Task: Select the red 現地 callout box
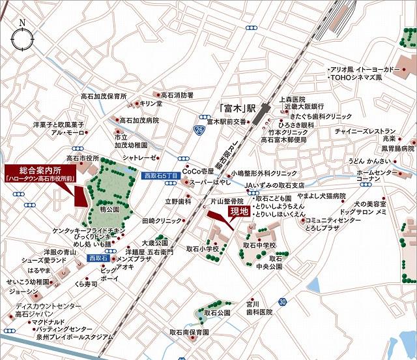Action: click(238, 211)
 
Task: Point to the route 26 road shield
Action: click(198, 131)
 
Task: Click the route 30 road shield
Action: click(281, 302)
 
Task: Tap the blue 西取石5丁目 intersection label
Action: click(161, 176)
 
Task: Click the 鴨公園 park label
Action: click(110, 210)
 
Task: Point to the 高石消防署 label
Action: click(177, 95)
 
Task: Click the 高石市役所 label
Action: click(82, 158)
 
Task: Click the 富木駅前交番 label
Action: click(226, 121)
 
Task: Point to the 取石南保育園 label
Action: click(189, 332)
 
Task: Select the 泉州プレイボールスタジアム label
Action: click(73, 337)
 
